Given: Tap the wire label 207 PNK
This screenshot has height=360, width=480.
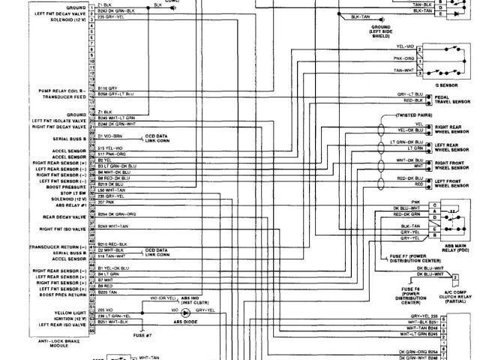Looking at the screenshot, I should click(108, 203).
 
